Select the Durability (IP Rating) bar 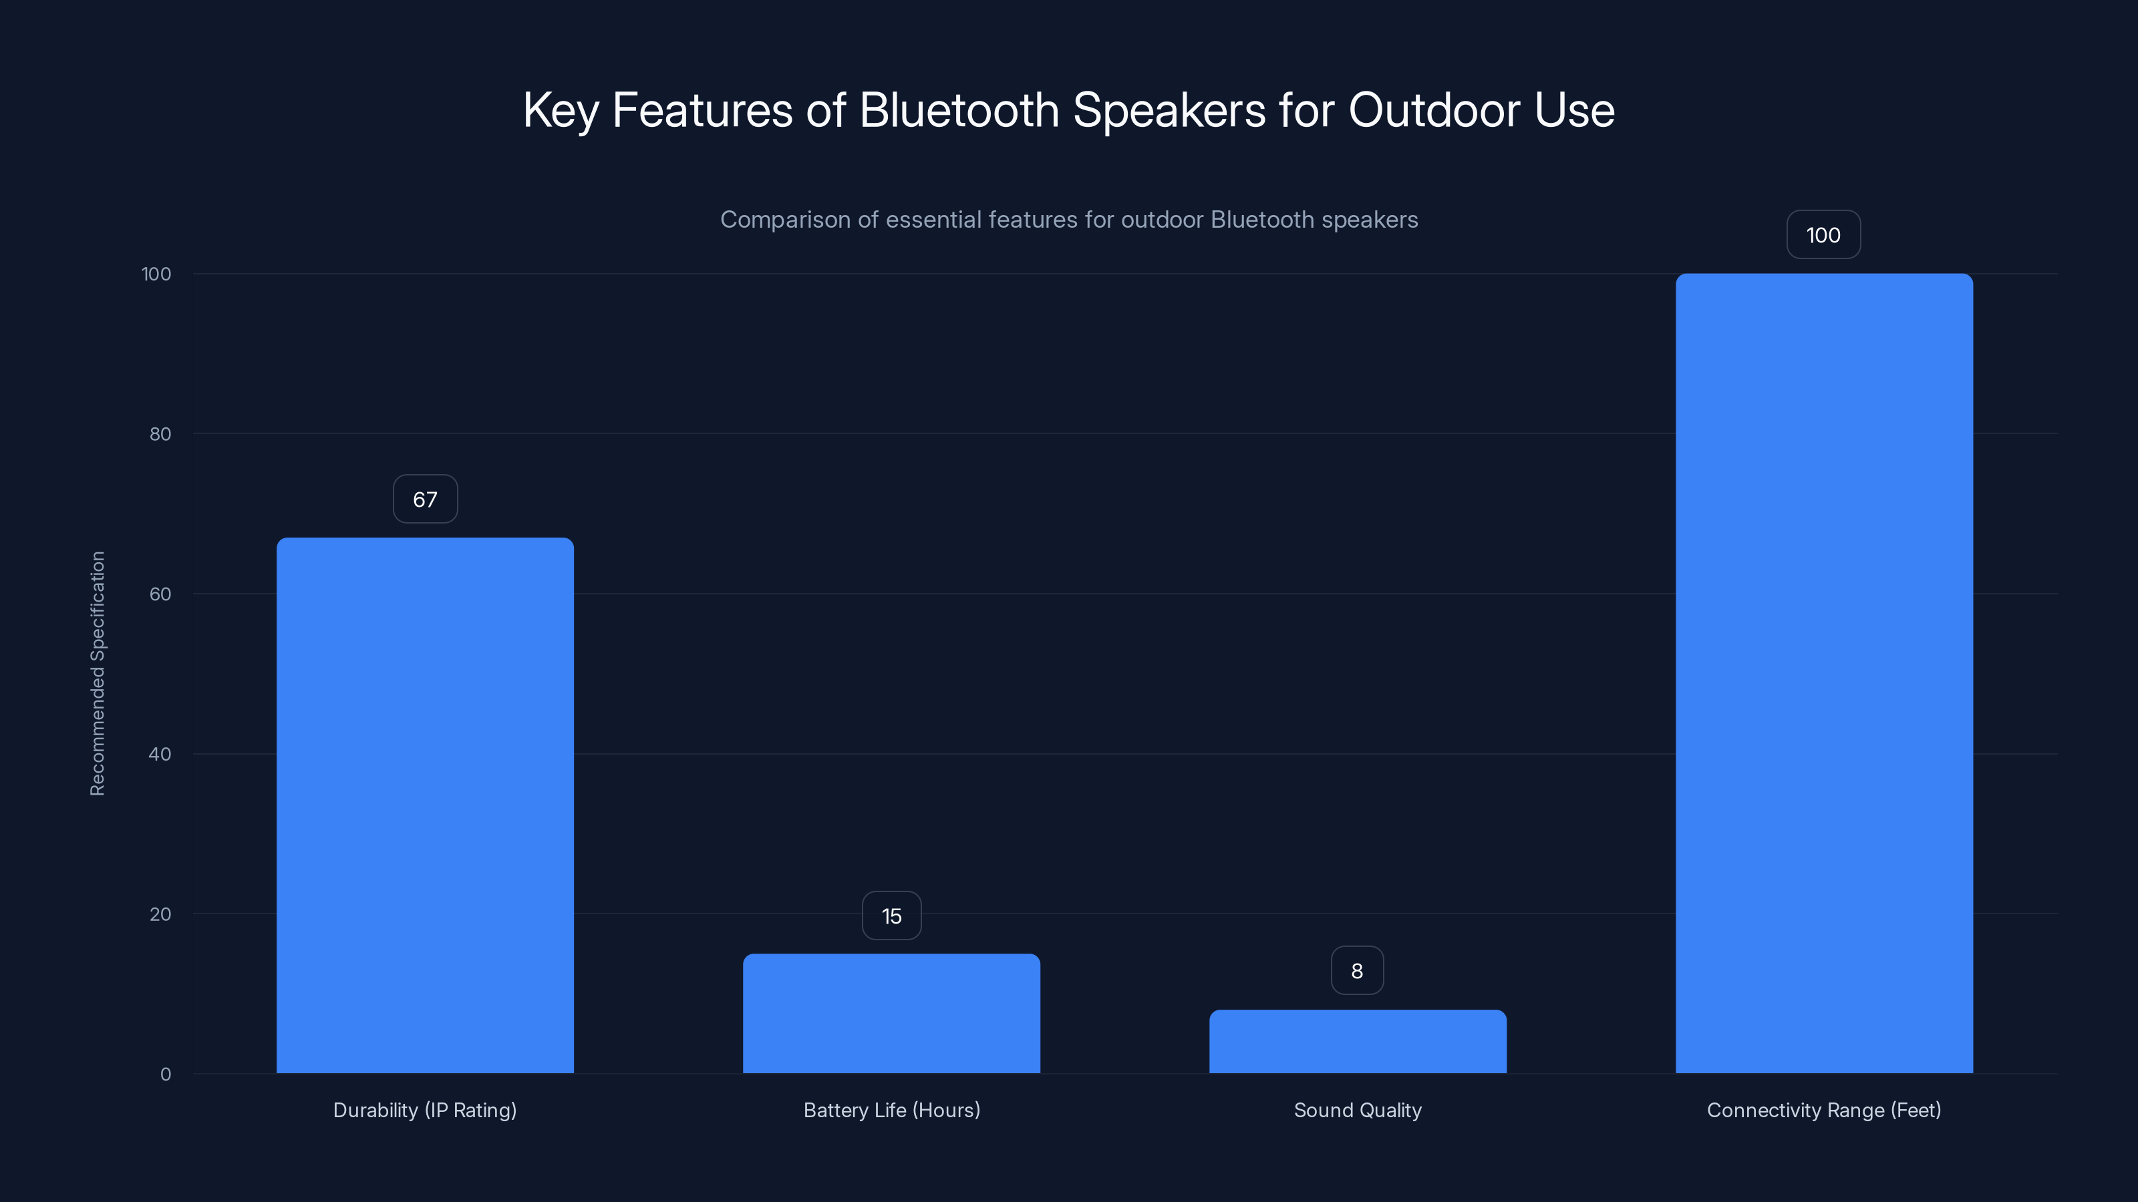click(425, 805)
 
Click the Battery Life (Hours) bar click(891, 1013)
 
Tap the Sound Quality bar click(1358, 1041)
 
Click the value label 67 click(425, 499)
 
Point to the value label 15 click(891, 916)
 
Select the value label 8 click(1357, 970)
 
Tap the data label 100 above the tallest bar click(1823, 235)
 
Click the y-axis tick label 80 click(160, 434)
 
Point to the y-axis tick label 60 click(160, 594)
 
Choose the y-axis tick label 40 click(160, 754)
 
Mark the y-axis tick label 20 click(160, 914)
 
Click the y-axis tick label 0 click(166, 1074)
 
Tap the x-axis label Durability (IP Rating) click(425, 1110)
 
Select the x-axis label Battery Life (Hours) click(891, 1110)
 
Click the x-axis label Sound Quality click(1358, 1110)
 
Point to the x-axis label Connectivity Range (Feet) click(1823, 1110)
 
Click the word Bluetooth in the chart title click(959, 110)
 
